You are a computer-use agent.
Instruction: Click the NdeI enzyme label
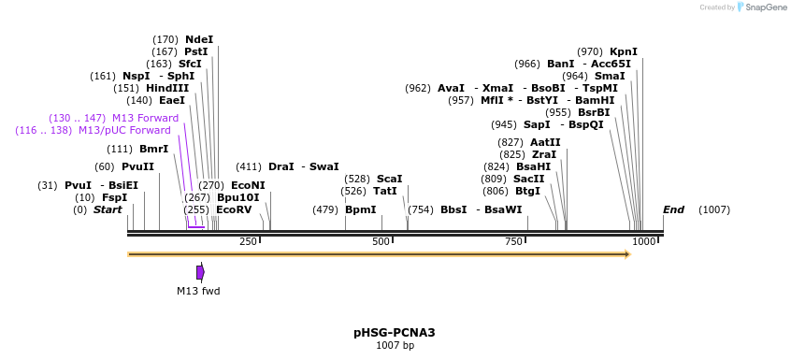coord(199,39)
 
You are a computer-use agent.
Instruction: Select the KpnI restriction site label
coord(623,51)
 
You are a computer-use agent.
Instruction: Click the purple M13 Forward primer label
coord(145,118)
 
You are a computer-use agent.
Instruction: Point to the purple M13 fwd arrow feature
coord(200,272)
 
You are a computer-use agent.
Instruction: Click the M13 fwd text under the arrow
coord(198,291)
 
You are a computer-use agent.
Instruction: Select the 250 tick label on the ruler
coord(248,242)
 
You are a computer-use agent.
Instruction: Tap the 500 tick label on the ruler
coord(381,242)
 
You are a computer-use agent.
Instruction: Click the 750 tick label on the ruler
coord(513,242)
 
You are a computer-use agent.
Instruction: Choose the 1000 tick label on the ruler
coord(644,242)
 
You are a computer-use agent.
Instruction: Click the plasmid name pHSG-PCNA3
coord(395,332)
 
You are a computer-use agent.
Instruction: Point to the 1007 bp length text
coord(395,346)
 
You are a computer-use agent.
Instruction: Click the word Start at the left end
coord(108,209)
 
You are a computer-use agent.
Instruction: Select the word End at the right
coord(673,209)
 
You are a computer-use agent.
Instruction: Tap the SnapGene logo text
coord(764,7)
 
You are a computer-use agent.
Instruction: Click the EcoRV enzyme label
coord(234,210)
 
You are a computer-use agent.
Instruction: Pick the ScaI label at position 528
coord(390,179)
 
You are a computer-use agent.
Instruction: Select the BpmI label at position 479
coord(360,210)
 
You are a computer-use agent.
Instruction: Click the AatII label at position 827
coord(545,142)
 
